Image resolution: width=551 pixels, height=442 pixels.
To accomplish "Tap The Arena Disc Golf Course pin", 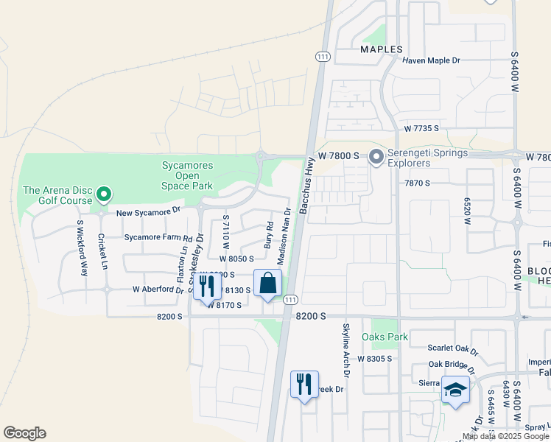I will coord(104,194).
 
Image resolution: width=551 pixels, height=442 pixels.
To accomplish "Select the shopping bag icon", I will coord(268,284).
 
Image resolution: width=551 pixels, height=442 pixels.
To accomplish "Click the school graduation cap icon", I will coord(455,390).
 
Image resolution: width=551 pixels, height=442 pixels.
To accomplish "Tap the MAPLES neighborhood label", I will coord(382,49).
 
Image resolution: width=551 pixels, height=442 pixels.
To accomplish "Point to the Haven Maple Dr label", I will coord(431,60).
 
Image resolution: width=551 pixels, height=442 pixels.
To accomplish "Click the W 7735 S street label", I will coord(421,128).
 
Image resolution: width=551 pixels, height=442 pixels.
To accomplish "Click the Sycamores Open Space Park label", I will coord(186,175).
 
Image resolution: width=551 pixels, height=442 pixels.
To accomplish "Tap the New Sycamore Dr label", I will coord(148,211).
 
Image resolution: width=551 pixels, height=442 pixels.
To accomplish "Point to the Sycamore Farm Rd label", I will coord(158,238).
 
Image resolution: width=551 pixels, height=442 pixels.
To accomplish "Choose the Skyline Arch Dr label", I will coord(345,350).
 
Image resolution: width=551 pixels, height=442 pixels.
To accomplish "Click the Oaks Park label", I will coord(385,337).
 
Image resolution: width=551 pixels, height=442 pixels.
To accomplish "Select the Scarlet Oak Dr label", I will coord(453,347).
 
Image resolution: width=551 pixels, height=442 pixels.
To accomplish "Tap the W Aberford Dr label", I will coord(158,290).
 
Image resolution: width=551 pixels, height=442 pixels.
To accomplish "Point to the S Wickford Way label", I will coord(83,247).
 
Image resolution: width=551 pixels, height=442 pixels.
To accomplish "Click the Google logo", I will coord(24,433).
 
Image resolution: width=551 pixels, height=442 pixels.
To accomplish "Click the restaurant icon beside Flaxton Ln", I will coord(207,285).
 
